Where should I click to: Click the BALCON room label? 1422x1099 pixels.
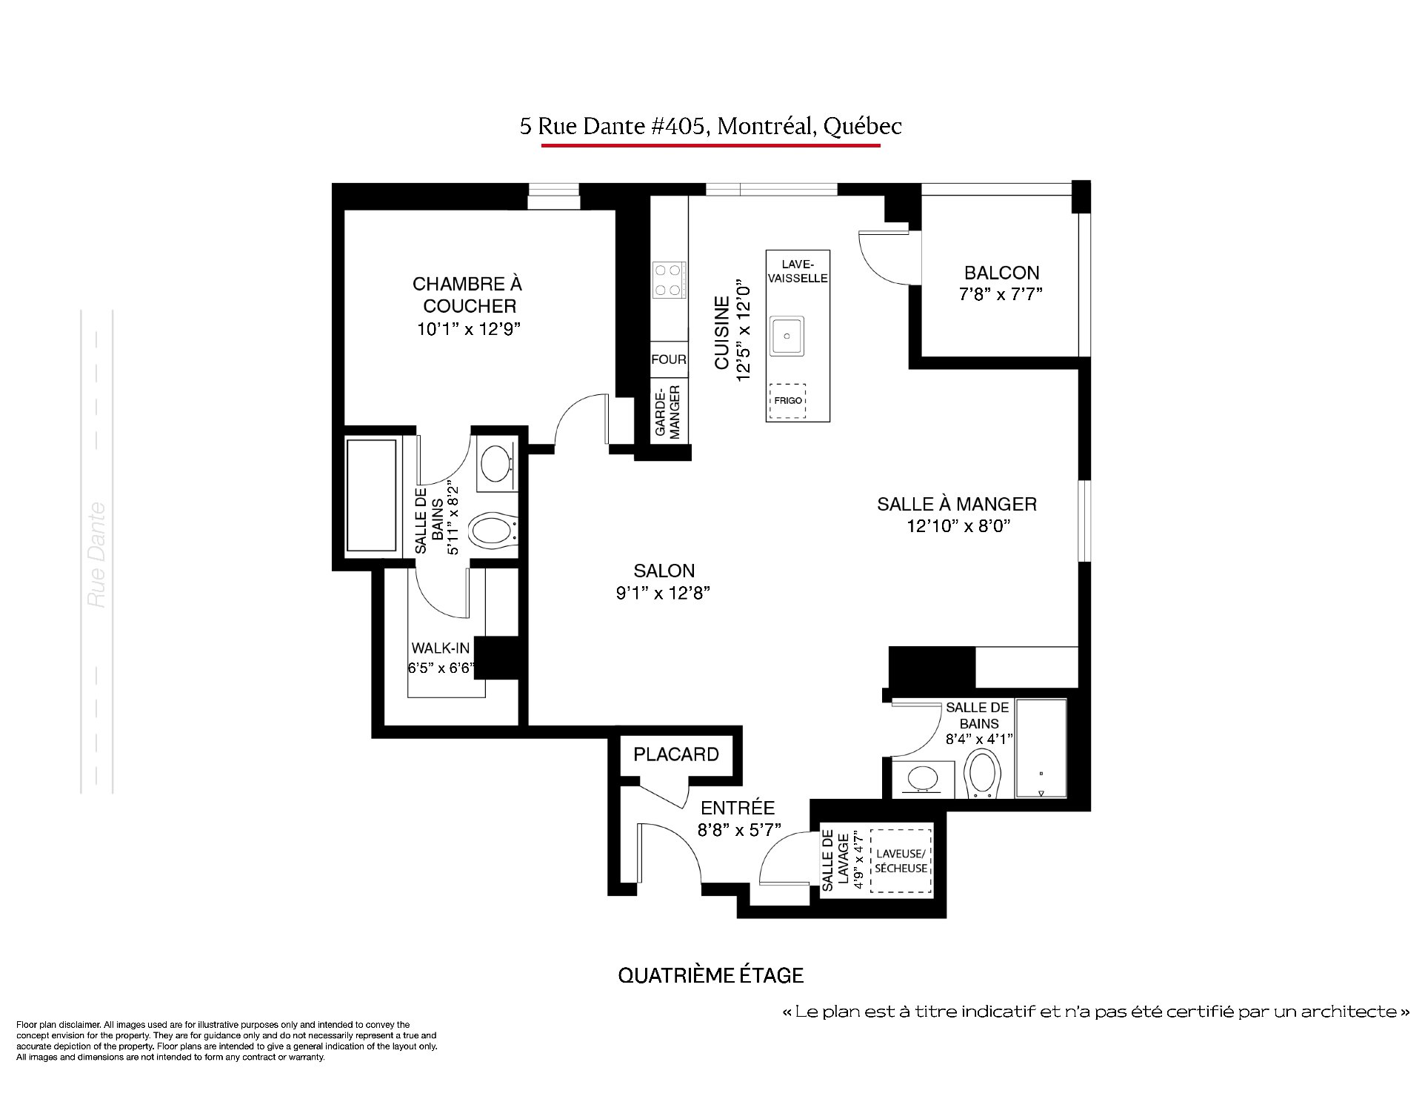click(1001, 273)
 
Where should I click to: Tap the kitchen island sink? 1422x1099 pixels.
click(787, 336)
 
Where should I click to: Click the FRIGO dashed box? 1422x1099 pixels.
click(788, 401)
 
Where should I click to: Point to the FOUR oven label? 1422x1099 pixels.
click(669, 359)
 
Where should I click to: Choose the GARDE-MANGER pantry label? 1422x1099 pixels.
click(669, 412)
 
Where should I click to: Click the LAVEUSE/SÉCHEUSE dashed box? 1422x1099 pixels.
click(900, 861)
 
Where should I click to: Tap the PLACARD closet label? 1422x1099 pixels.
click(676, 754)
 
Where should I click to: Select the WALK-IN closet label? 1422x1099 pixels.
click(441, 648)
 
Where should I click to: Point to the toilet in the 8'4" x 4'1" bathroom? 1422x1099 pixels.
click(983, 773)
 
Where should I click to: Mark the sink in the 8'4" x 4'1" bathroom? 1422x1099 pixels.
click(923, 778)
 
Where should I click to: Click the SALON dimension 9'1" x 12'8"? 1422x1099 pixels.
click(664, 593)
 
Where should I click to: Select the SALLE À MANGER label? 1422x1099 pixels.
click(957, 504)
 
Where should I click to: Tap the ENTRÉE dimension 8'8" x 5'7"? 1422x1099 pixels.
click(738, 830)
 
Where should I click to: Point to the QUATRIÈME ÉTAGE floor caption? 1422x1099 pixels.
click(711, 975)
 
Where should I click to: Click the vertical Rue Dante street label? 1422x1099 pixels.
click(97, 555)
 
